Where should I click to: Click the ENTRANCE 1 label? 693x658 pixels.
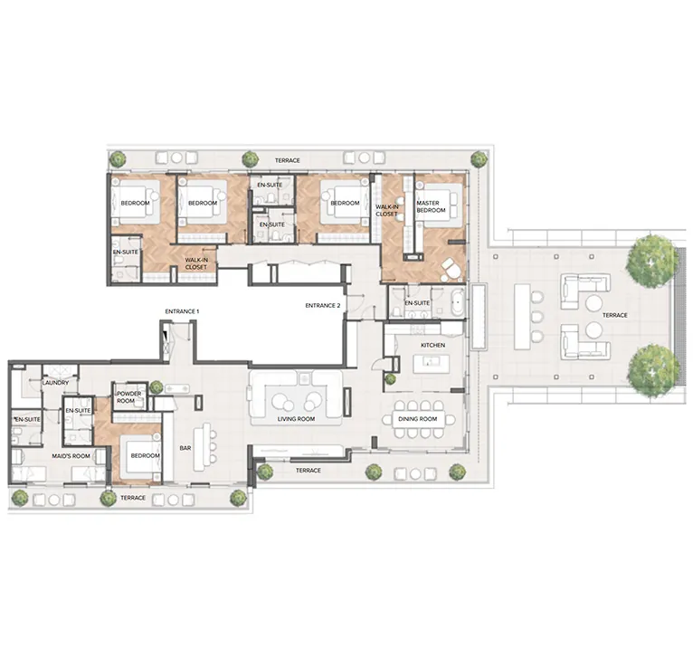tap(182, 311)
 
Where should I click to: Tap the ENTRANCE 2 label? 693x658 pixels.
tap(323, 306)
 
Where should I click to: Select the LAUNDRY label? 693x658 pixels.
tap(55, 383)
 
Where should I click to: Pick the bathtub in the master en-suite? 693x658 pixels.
tap(457, 301)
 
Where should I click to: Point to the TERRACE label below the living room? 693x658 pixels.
tap(309, 471)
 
